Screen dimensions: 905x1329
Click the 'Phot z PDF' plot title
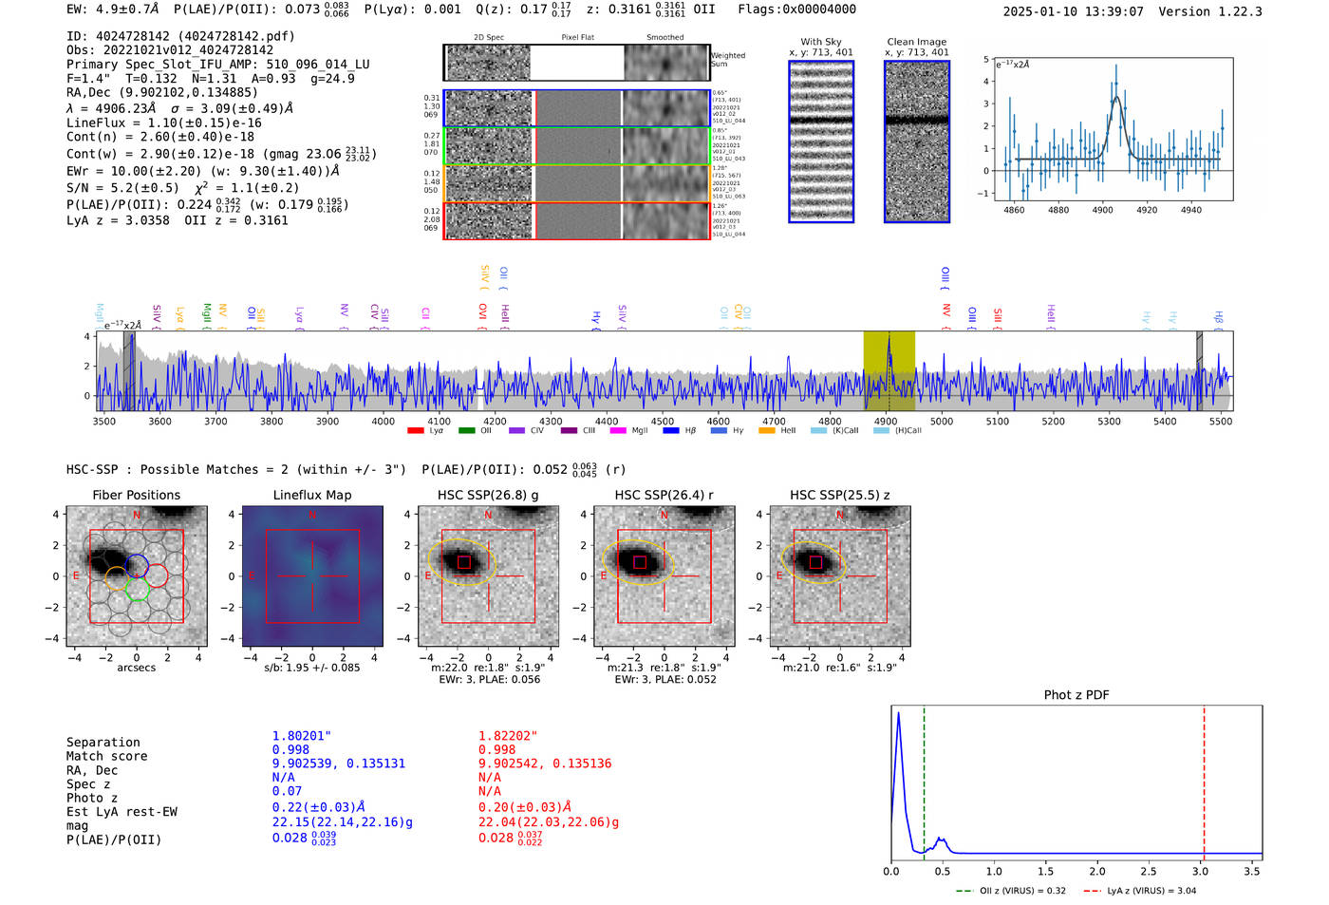[1076, 695]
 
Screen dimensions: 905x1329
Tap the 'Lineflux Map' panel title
[312, 495]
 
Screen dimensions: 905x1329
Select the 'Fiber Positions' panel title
[137, 495]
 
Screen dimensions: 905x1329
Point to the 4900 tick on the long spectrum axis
[886, 422]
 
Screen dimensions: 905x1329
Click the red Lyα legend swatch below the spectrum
[415, 431]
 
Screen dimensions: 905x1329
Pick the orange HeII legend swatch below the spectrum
[767, 431]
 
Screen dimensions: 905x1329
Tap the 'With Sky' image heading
[821, 42]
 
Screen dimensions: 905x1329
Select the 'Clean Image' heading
[917, 42]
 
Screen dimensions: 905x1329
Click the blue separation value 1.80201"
[302, 736]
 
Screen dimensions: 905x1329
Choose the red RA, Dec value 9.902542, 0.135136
[545, 764]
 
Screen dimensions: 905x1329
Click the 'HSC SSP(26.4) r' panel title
[664, 495]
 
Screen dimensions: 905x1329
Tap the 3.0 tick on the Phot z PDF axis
[1200, 871]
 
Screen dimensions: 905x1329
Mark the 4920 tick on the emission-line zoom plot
[1147, 210]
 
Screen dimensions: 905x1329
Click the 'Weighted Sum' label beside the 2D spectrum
[728, 60]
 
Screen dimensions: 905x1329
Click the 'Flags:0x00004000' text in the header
[796, 9]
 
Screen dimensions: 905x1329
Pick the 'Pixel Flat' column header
[577, 38]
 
